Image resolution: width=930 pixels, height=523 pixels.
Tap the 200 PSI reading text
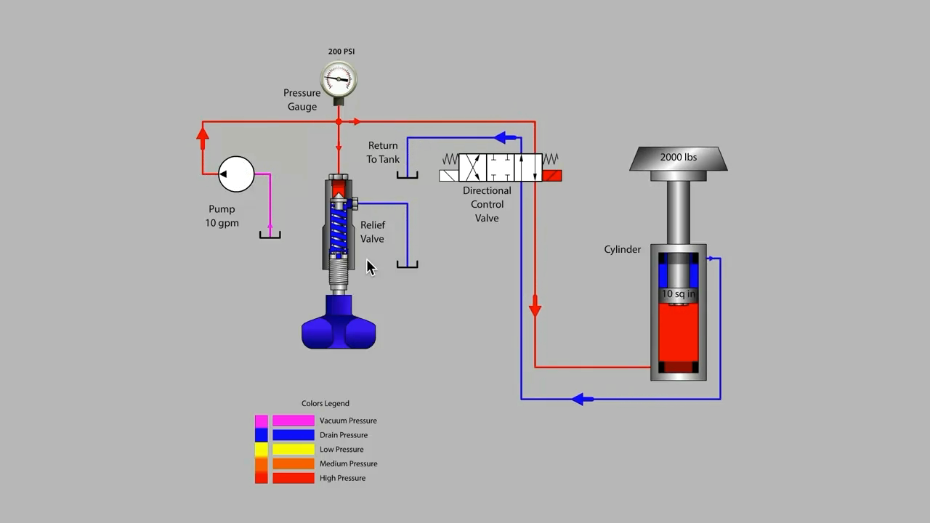(x=341, y=52)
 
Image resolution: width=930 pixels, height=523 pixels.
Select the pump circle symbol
(x=236, y=174)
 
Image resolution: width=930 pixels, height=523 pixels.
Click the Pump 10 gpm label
(x=222, y=216)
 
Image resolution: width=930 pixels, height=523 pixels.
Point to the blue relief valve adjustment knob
(x=339, y=325)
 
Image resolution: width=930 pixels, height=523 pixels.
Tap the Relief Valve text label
(x=373, y=232)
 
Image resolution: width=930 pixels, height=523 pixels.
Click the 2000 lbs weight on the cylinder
(x=678, y=158)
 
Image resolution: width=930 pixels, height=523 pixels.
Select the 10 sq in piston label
(x=678, y=294)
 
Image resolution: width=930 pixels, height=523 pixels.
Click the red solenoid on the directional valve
(x=551, y=175)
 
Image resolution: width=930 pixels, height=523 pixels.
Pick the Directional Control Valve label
(x=487, y=204)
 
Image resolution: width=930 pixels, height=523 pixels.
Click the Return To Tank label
(x=383, y=153)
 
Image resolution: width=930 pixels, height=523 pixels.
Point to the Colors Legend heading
(x=325, y=403)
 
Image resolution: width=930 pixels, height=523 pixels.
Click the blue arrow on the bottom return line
(x=581, y=399)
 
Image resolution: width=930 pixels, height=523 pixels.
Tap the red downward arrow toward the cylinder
(x=535, y=309)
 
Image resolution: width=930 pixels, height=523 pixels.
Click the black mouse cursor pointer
(x=371, y=267)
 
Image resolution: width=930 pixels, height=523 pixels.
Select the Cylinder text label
(x=622, y=249)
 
